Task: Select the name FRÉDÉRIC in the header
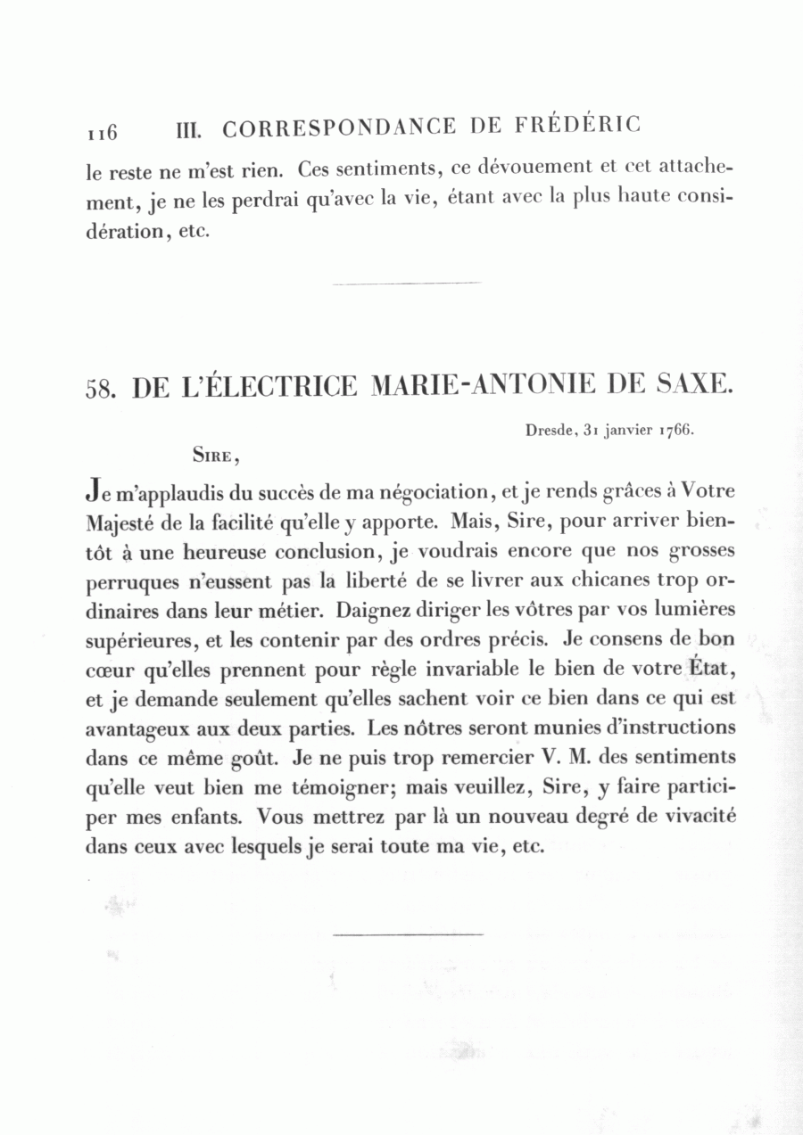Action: tap(576, 125)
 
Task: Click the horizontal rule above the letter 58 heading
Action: tap(407, 284)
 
